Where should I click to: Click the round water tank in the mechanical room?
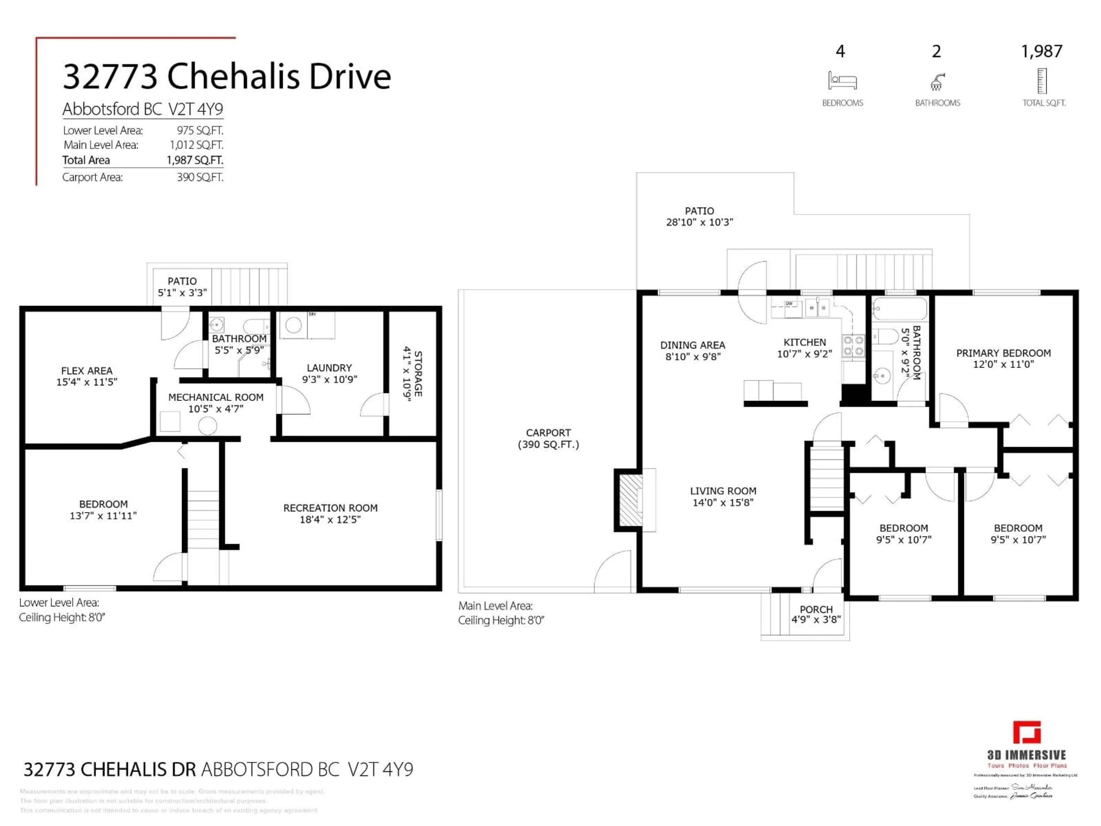(208, 426)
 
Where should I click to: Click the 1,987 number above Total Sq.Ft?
(1041, 51)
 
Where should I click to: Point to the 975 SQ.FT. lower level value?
(200, 130)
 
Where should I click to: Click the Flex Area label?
(87, 376)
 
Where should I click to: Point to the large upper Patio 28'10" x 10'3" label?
(699, 217)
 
